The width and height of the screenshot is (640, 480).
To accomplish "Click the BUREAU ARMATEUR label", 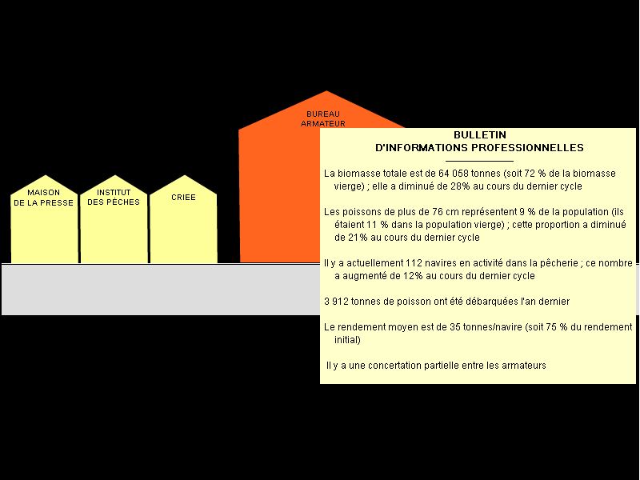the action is point(323,118).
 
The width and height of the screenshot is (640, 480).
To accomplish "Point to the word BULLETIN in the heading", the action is point(480,135).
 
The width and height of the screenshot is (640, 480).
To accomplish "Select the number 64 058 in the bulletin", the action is point(454,174).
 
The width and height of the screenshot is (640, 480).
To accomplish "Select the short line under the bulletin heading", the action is point(479,162).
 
